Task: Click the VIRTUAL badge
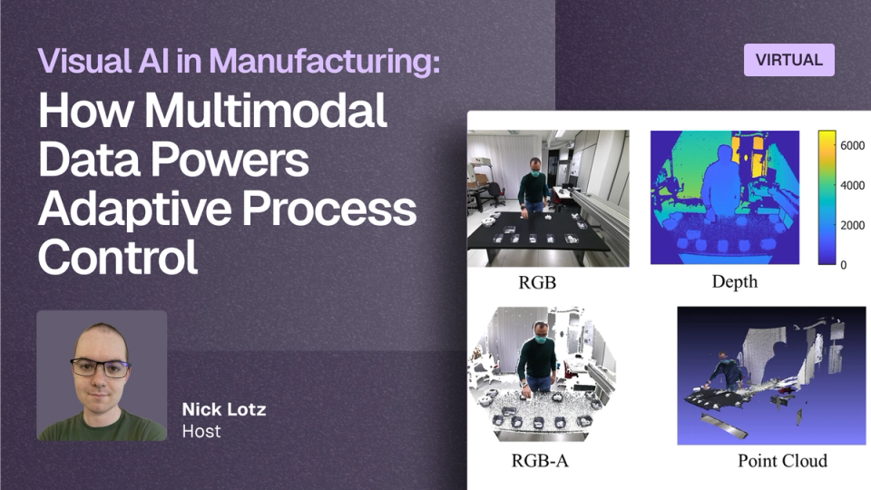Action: tap(788, 60)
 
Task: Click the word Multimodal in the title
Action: tap(266, 111)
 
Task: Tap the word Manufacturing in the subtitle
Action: tap(325, 61)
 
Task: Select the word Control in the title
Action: tap(118, 257)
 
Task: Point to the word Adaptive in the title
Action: tap(134, 210)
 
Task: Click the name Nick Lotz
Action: tap(224, 409)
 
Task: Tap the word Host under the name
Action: tap(201, 431)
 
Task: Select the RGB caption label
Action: tap(537, 282)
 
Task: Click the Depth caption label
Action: tap(734, 281)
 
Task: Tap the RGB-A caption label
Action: tap(539, 461)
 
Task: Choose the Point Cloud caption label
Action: tap(782, 461)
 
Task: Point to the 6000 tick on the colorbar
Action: tap(852, 145)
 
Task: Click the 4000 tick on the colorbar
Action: tap(852, 185)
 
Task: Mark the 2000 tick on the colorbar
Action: tap(852, 226)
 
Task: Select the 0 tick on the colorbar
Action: tap(843, 265)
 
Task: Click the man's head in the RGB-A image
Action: tap(539, 332)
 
